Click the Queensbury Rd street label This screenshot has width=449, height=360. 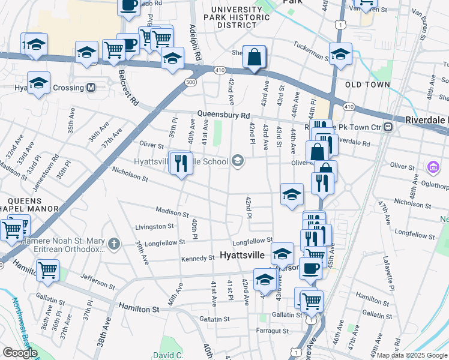tap(223, 115)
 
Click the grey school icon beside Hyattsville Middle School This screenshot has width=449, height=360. tap(238, 160)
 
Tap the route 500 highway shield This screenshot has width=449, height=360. tap(191, 82)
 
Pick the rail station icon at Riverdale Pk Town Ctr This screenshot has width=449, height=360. tap(389, 127)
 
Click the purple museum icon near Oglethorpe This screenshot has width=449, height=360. tap(432, 166)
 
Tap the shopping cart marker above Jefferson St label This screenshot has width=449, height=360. tap(47, 269)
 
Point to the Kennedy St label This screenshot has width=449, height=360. tap(197, 258)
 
